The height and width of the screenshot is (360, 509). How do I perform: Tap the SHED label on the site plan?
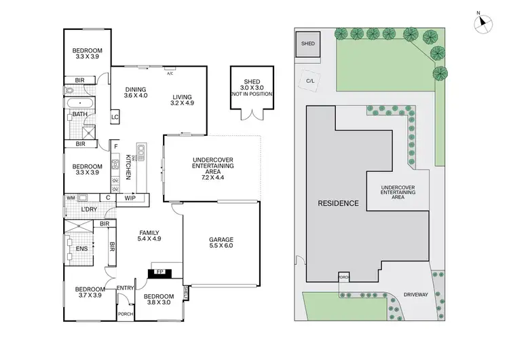[309, 43]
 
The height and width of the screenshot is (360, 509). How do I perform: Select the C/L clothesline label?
[310, 80]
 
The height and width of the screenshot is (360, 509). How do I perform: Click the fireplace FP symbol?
[160, 272]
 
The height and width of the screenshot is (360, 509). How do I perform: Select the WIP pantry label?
[130, 198]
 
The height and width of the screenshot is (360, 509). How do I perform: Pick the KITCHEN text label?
[128, 166]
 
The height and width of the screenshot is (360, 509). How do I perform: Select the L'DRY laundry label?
[89, 209]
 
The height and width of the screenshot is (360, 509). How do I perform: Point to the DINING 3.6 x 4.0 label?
[136, 92]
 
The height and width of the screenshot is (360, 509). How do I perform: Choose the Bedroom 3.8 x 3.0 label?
[159, 300]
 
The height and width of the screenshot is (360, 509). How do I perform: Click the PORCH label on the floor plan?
[126, 314]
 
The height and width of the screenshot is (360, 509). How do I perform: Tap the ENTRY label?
[125, 288]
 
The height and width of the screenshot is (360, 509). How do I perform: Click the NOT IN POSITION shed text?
[252, 93]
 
